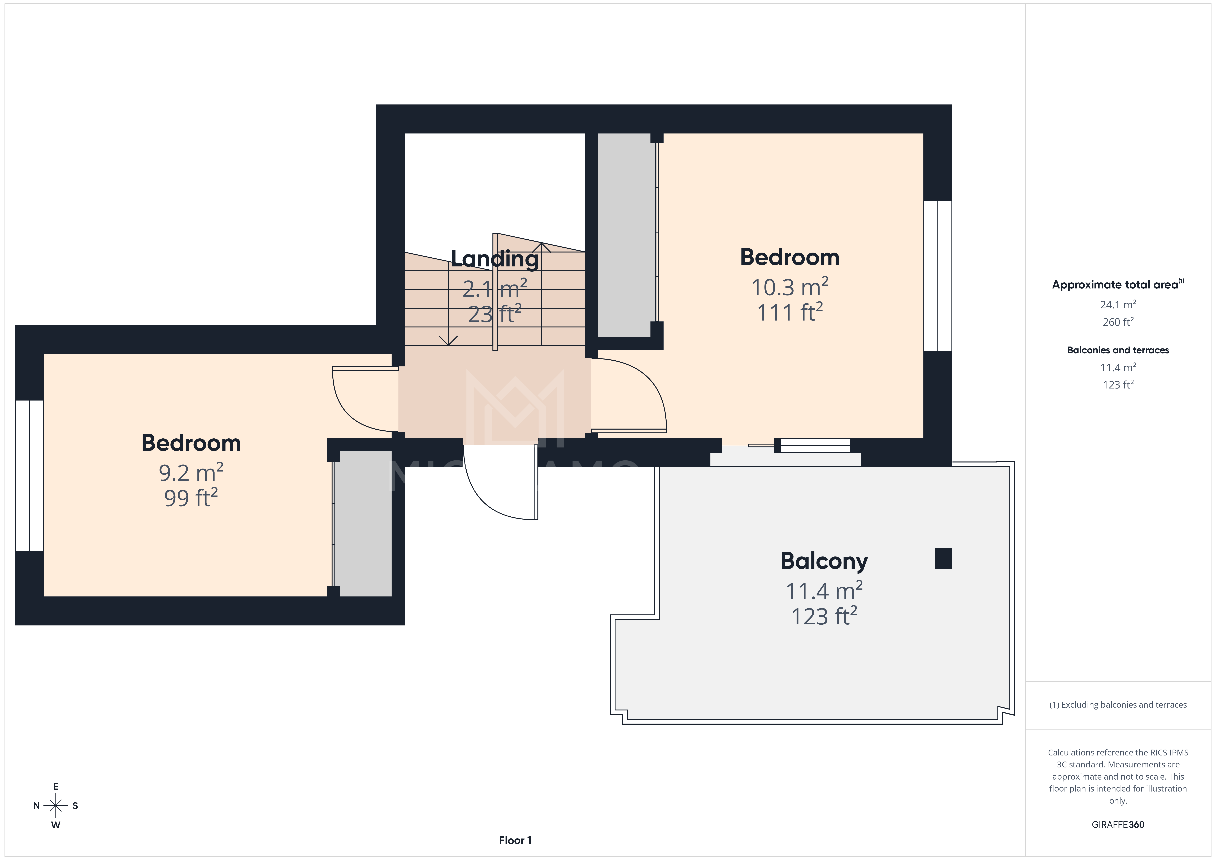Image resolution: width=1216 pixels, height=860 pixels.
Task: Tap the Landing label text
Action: [495, 259]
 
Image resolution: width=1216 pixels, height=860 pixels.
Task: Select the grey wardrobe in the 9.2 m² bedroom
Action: [364, 524]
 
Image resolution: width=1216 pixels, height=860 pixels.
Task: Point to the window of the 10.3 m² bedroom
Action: [937, 275]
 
